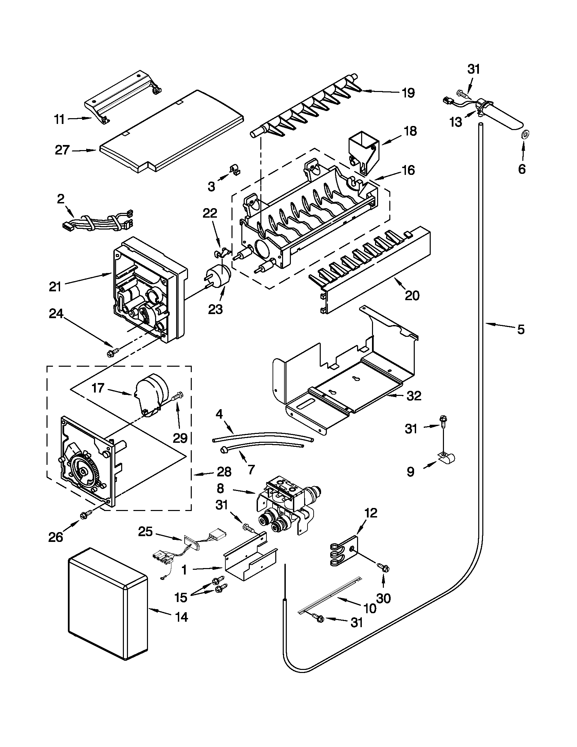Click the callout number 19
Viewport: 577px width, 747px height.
(408, 93)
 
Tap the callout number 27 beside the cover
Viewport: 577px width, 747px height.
(62, 150)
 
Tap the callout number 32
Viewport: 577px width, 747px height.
(414, 396)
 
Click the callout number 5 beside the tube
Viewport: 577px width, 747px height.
(520, 329)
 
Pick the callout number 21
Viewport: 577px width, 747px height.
(55, 287)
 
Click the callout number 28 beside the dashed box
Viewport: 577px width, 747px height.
(224, 472)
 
